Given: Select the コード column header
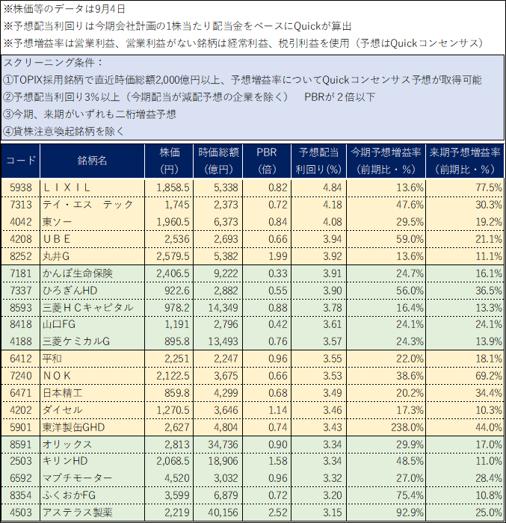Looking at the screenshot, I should (21, 161).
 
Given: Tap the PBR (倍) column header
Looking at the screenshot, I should (266, 161).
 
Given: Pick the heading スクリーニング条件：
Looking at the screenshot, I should (54, 63).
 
